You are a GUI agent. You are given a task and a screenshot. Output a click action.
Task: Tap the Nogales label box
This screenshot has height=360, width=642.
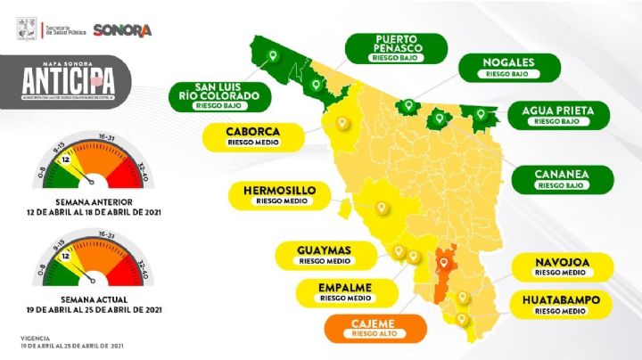pos(508,67)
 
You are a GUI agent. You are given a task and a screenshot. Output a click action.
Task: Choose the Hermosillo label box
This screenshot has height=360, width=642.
pos(280,194)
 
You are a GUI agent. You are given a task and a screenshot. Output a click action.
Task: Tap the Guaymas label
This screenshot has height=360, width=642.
pos(324,254)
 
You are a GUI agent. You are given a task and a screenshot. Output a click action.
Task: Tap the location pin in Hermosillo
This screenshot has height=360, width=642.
pos(383,209)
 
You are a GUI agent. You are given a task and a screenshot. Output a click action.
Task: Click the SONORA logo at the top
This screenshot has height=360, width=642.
pos(122,29)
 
